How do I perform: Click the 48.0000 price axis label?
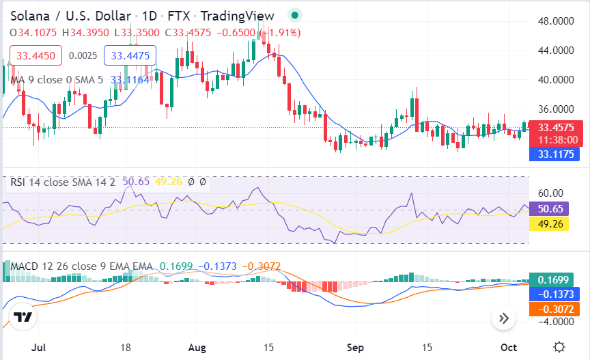click(554, 21)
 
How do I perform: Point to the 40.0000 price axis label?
click(554, 79)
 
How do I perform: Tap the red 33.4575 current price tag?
click(557, 127)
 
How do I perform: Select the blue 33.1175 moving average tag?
click(554, 154)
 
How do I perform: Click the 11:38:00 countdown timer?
click(557, 140)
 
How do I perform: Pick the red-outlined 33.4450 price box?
click(36, 55)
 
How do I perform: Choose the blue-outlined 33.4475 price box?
click(130, 55)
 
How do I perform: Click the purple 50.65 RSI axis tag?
click(549, 209)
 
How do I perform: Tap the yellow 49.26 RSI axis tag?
click(549, 223)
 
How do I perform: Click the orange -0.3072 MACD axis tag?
click(552, 309)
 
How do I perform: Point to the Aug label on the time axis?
click(197, 347)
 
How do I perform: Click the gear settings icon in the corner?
click(559, 346)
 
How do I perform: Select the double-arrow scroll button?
click(504, 318)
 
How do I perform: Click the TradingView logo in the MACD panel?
click(23, 317)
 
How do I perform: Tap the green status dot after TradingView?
click(294, 15)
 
